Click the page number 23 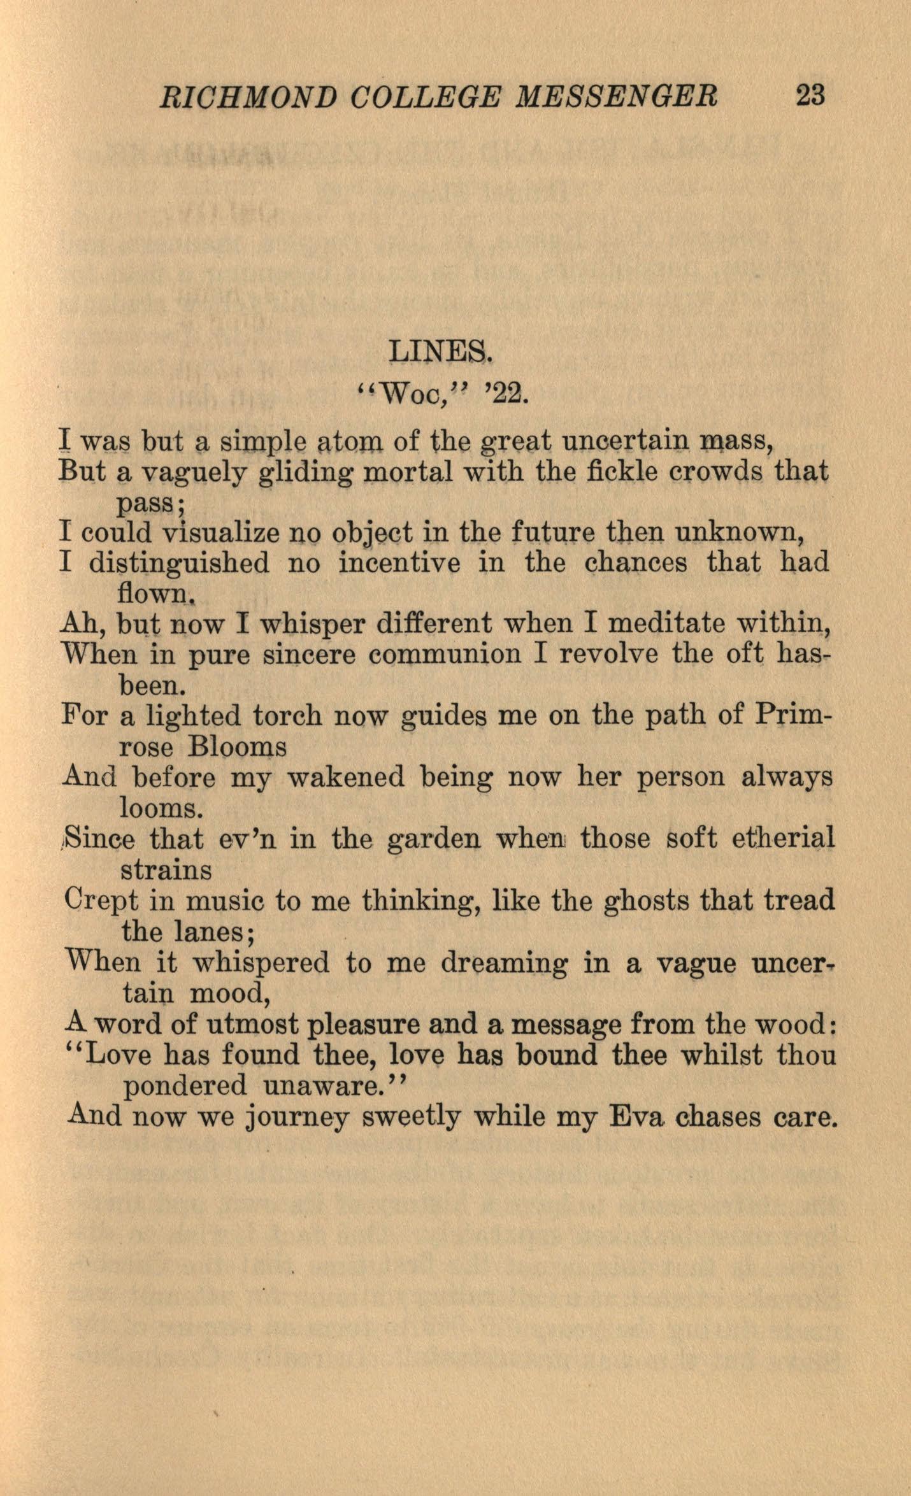coord(810,96)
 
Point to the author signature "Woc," coord(412,395)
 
